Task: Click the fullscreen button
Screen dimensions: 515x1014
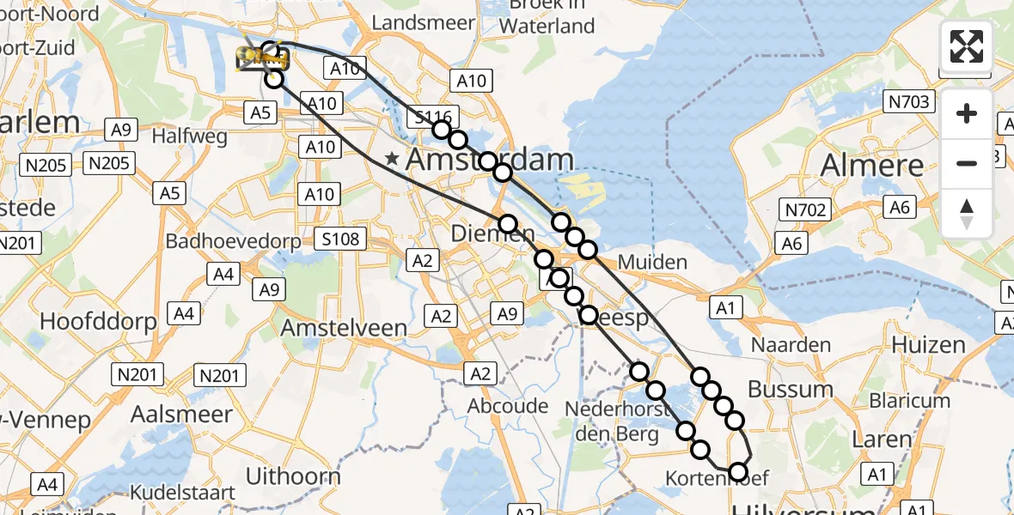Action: point(967,46)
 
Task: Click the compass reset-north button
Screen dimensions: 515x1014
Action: point(967,214)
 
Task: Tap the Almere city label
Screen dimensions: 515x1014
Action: point(873,165)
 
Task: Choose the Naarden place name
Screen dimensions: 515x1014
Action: point(791,345)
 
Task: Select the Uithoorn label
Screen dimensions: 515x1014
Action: point(293,476)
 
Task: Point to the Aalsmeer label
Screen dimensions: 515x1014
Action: point(181,414)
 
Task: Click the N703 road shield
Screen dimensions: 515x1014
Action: point(909,103)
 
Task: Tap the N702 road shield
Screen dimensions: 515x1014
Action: point(803,209)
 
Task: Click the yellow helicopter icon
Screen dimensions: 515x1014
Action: point(263,58)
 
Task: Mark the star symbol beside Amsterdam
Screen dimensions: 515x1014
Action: point(392,159)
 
